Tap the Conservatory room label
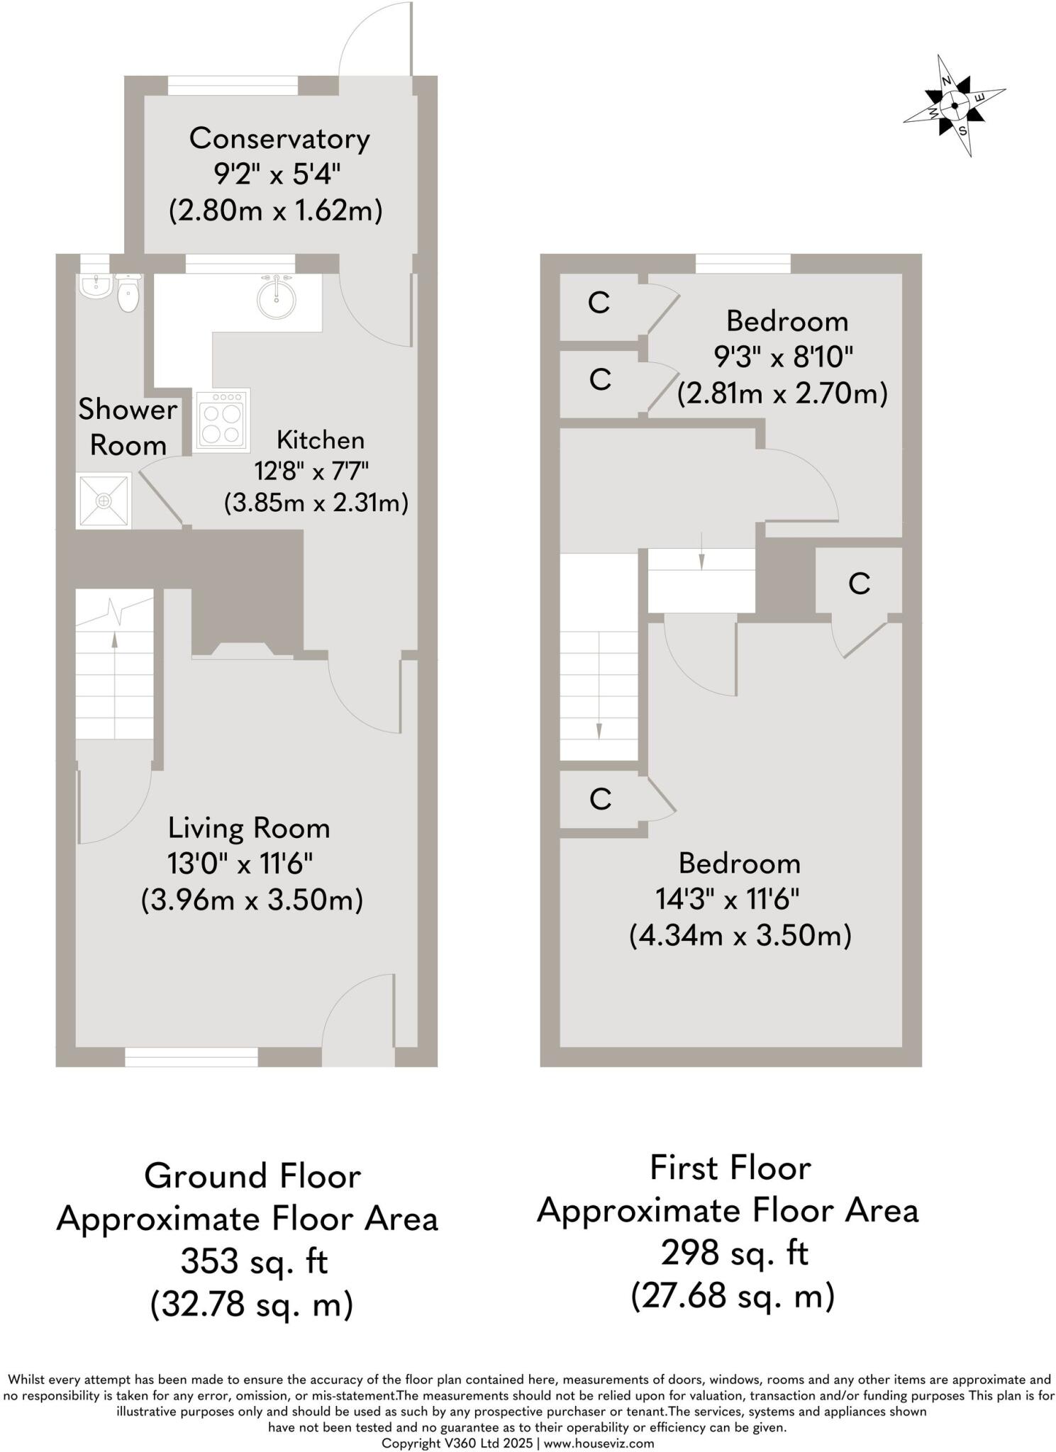(x=279, y=138)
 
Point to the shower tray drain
(x=104, y=501)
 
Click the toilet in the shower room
(x=128, y=295)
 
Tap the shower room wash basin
(x=94, y=286)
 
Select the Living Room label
(x=249, y=828)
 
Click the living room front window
(x=191, y=1057)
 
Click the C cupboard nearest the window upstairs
(x=599, y=303)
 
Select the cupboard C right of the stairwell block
(x=859, y=584)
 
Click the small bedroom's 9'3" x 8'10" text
(x=783, y=357)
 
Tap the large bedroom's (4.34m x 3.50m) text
(x=740, y=936)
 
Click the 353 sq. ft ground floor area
(x=254, y=1261)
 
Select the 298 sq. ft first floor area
(x=734, y=1253)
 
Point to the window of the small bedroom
(x=743, y=264)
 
